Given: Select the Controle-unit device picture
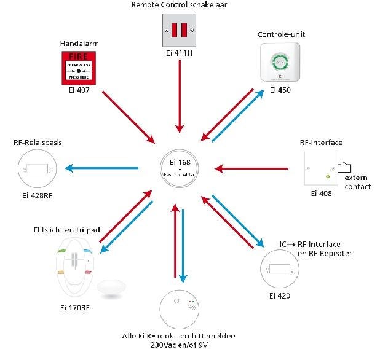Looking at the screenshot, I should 280,63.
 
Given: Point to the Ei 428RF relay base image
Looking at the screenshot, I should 37,168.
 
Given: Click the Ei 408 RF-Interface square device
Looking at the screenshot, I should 320,168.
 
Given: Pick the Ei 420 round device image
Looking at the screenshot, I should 280,269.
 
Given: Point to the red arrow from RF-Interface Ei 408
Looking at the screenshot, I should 252,167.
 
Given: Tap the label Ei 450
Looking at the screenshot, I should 280,90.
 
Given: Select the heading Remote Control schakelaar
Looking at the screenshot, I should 178,5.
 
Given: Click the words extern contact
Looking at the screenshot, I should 357,182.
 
